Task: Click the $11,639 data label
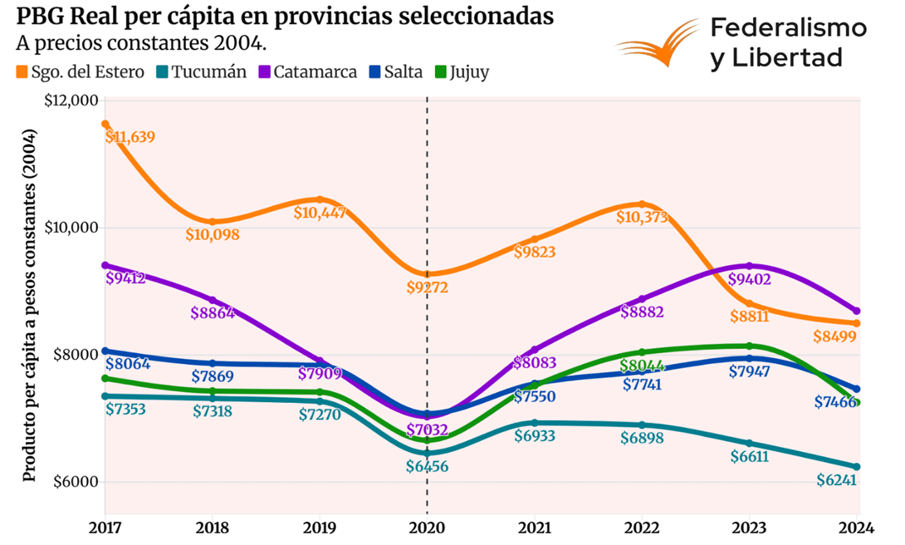pos(131,137)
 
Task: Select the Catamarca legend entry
pos(314,71)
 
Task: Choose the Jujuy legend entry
pos(469,71)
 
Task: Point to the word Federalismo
pos(789,28)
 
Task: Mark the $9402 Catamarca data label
pos(750,280)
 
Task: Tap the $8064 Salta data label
pos(127,363)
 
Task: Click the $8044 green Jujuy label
pos(643,366)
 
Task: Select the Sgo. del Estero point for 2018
pos(213,222)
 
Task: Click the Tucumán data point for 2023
pos(750,443)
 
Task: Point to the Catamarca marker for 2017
pos(105,265)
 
